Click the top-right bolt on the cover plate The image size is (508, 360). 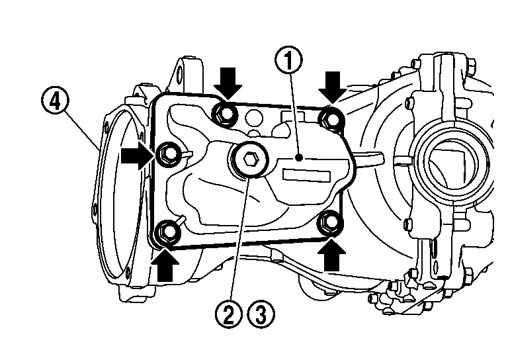point(329,119)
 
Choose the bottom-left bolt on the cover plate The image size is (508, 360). point(168,232)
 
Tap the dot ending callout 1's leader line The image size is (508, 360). point(299,158)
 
